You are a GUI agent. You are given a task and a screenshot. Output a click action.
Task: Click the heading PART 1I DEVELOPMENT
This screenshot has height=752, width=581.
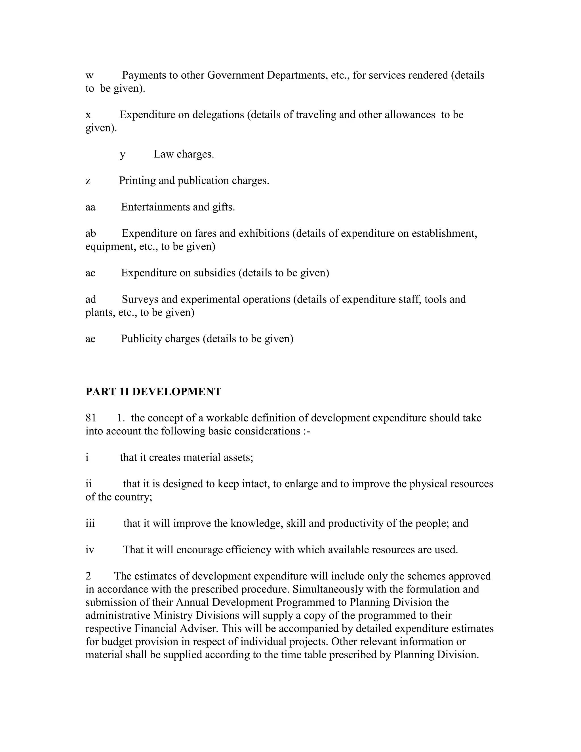coord(153,392)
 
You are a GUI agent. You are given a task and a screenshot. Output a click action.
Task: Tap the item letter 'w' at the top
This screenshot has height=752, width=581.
coord(89,76)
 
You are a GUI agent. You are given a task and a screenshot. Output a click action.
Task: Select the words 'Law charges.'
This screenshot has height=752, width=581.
coord(184,154)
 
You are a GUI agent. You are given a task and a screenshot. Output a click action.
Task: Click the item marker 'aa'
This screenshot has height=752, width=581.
coord(90,207)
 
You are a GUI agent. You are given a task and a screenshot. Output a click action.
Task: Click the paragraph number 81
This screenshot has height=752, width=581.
coord(91,418)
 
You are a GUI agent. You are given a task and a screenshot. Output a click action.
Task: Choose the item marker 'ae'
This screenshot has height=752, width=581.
coord(90,339)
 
